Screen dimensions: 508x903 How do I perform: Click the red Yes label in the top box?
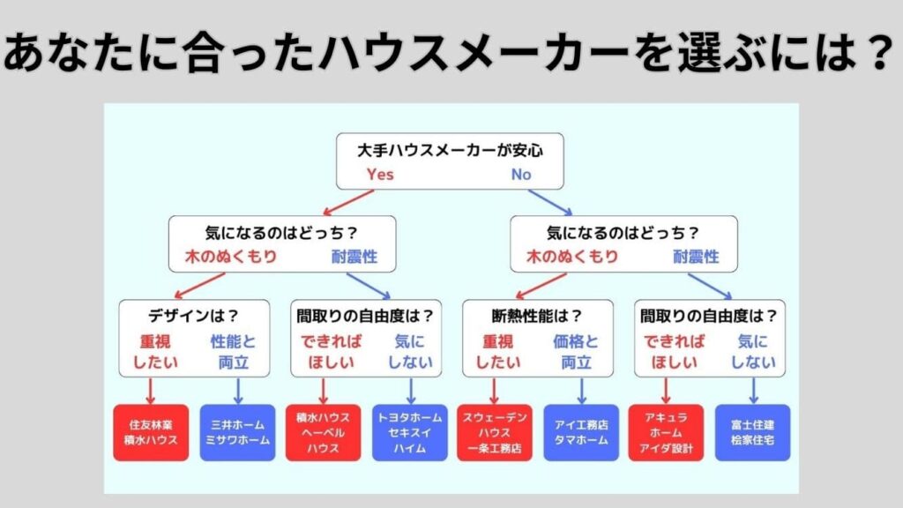(380, 175)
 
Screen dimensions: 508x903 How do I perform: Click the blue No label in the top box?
(521, 175)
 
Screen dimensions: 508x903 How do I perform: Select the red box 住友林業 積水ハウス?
(151, 432)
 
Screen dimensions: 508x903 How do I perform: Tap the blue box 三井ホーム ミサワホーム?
(237, 432)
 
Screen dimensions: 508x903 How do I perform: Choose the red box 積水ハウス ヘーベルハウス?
(323, 432)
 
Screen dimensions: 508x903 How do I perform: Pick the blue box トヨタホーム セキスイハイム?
(409, 432)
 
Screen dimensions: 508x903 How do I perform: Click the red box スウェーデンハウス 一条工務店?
(495, 432)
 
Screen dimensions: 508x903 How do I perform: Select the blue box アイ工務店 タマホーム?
(580, 432)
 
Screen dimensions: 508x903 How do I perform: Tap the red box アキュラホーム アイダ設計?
(666, 432)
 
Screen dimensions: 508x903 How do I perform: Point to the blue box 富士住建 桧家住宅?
(752, 432)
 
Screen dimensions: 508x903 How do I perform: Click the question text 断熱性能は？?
(537, 315)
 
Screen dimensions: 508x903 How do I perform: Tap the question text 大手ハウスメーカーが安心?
(451, 150)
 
